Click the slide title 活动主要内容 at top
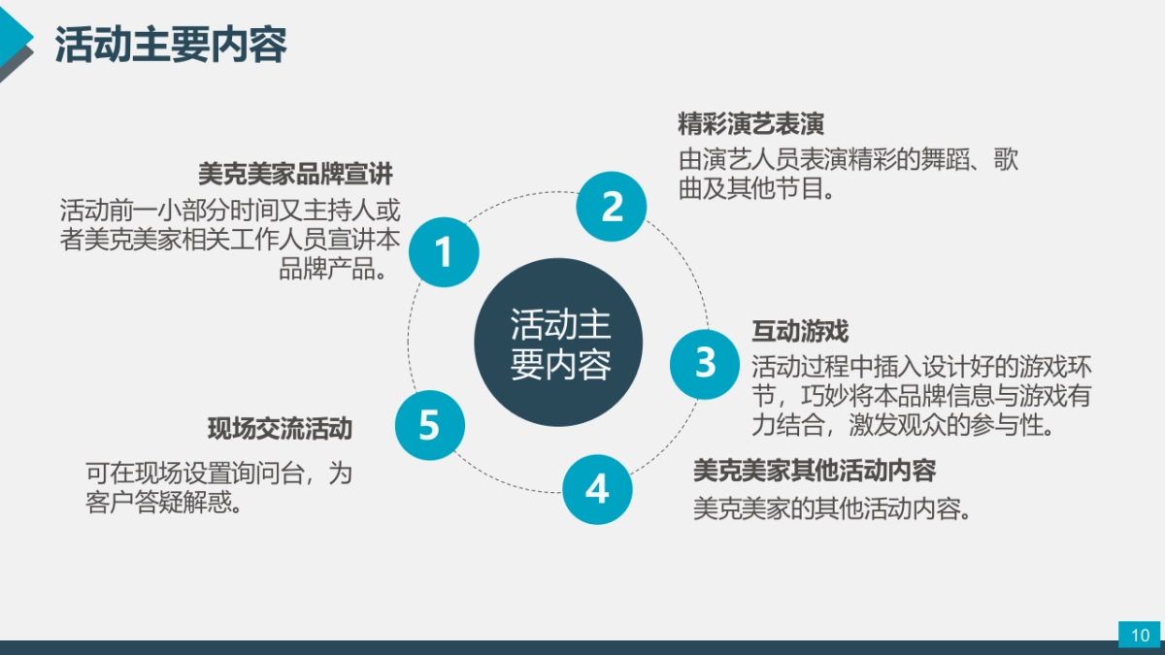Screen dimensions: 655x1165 point(171,45)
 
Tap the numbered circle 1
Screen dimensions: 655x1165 point(444,252)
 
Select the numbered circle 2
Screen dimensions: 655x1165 point(612,206)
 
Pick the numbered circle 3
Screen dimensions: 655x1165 point(706,363)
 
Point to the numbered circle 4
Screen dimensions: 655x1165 point(597,489)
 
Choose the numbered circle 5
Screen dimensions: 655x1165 point(430,425)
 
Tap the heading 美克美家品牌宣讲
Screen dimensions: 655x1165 point(296,175)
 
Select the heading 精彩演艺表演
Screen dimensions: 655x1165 point(751,124)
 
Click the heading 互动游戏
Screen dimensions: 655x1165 point(800,332)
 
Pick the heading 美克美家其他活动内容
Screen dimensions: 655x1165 point(815,471)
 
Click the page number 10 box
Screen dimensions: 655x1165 point(1140,635)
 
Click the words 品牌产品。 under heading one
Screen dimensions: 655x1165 point(340,269)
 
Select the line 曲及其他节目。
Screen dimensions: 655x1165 point(757,189)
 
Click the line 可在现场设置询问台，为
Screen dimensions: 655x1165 point(218,475)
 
